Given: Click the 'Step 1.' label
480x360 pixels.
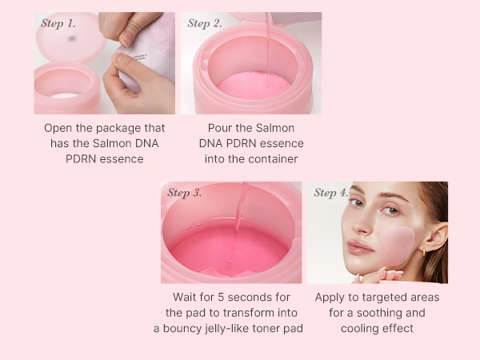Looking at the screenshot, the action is pyautogui.click(x=58, y=23).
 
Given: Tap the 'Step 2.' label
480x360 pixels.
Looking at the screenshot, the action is pyautogui.click(x=205, y=23).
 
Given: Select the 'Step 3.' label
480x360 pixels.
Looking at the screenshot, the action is pyautogui.click(x=185, y=193).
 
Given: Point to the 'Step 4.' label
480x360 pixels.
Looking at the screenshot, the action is pyautogui.click(x=331, y=193).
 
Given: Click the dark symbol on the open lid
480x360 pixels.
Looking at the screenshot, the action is pyautogui.click(x=72, y=38).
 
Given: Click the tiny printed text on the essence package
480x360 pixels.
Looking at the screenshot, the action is pyautogui.click(x=141, y=57).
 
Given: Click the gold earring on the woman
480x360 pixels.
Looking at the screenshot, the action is pyautogui.click(x=425, y=252).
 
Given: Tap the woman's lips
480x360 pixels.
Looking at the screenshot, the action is pyautogui.click(x=360, y=247).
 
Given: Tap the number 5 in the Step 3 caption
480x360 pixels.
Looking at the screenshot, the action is pyautogui.click(x=221, y=298).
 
